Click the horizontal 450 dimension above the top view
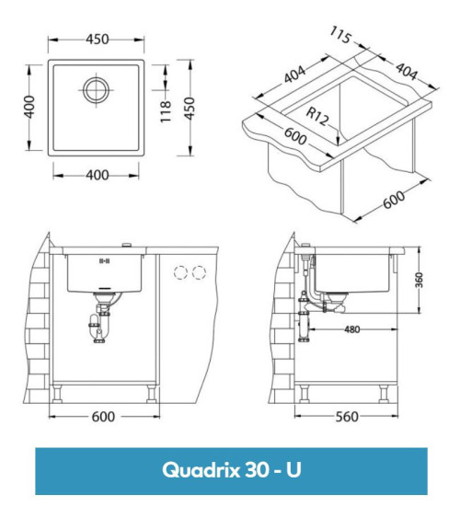(97, 39)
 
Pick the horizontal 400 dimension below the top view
(97, 175)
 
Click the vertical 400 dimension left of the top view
(30, 108)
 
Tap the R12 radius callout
(319, 116)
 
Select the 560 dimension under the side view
(346, 417)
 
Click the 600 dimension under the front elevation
(103, 417)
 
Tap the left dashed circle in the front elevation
(180, 272)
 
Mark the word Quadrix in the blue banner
(201, 470)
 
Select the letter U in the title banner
(293, 470)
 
